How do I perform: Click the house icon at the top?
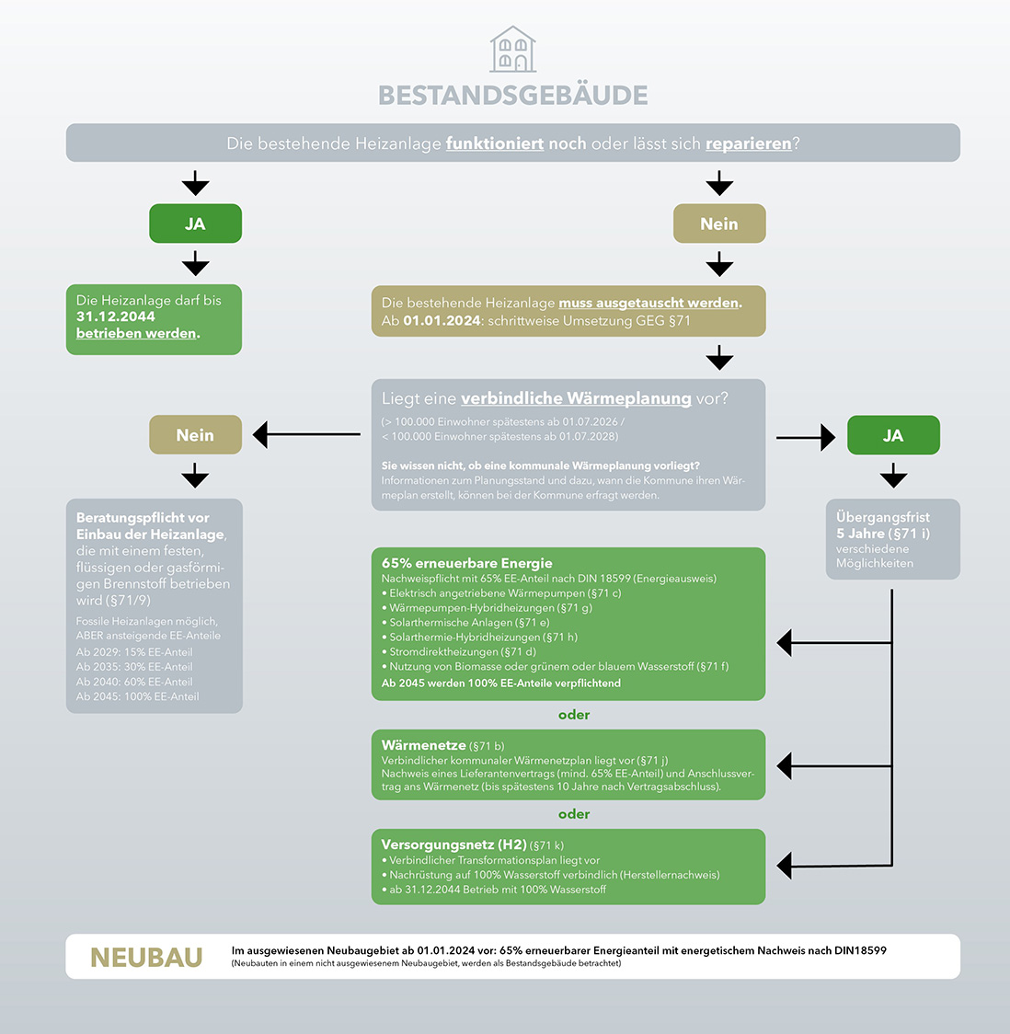click(x=512, y=50)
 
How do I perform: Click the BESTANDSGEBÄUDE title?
click(x=513, y=96)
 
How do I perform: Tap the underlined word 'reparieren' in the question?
click(x=748, y=144)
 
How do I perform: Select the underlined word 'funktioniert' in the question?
click(x=495, y=144)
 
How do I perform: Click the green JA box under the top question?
click(x=195, y=224)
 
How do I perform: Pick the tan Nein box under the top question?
click(x=719, y=224)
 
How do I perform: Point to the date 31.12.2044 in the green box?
click(x=116, y=316)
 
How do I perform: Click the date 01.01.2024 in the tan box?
click(x=442, y=321)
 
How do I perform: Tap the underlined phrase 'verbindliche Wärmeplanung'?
click(x=576, y=398)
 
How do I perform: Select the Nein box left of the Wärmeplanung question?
click(x=195, y=435)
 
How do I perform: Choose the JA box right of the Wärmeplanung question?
click(x=893, y=436)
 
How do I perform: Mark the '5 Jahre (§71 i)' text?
click(x=883, y=534)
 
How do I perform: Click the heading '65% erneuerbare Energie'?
click(x=467, y=563)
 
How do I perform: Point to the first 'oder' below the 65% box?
click(x=574, y=715)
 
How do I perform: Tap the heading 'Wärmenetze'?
click(x=424, y=745)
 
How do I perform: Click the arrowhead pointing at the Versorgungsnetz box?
click(x=785, y=866)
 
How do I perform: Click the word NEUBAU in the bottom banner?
click(x=146, y=958)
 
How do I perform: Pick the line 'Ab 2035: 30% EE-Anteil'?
click(x=134, y=667)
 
